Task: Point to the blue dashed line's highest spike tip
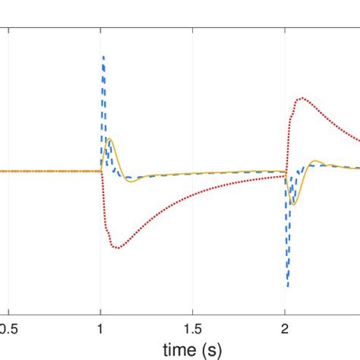click(103, 56)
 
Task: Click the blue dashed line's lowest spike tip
click(288, 286)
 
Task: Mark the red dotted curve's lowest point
click(116, 248)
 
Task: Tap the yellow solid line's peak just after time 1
click(111, 138)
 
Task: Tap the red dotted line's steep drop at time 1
click(104, 205)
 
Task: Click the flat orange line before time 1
click(53, 171)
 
